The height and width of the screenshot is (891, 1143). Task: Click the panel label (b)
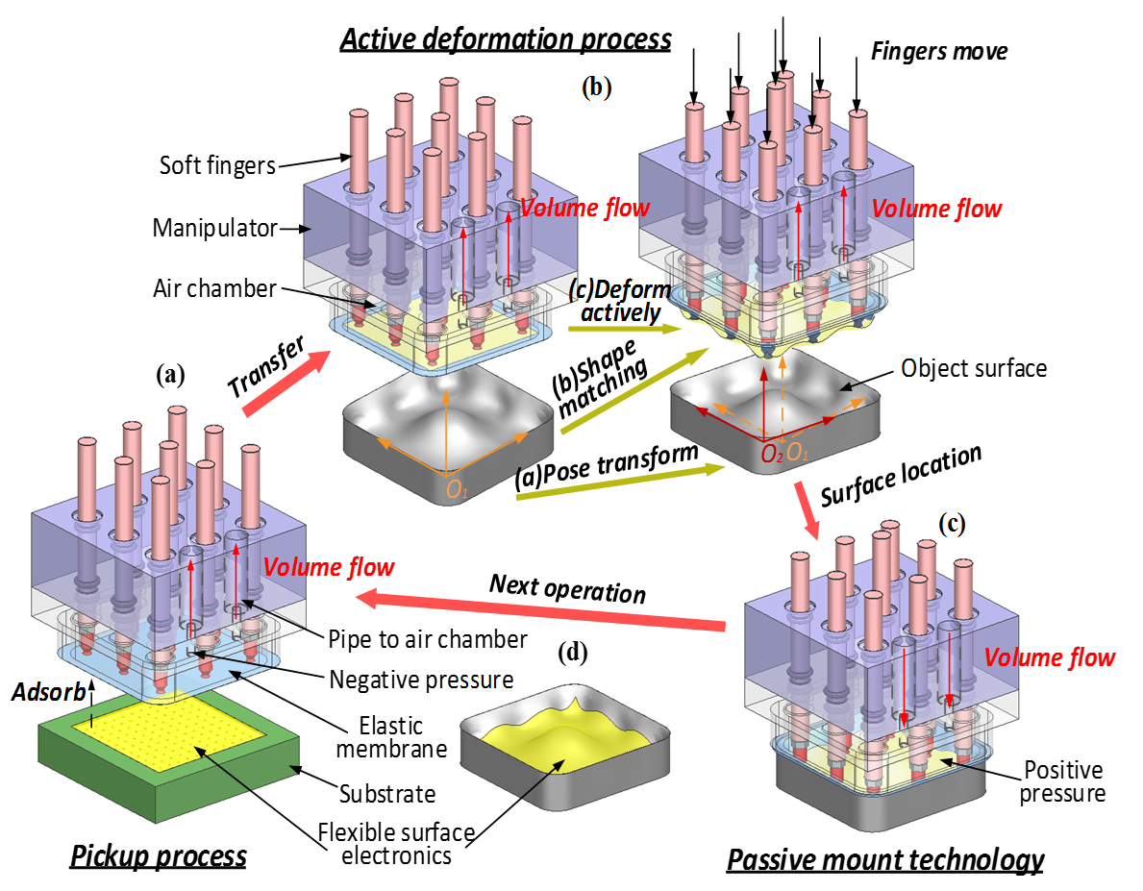596,88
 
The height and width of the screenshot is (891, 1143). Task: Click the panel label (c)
952,525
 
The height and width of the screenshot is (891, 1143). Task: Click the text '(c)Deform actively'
619,301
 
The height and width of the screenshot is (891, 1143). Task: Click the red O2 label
772,455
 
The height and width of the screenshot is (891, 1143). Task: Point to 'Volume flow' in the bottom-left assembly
329,567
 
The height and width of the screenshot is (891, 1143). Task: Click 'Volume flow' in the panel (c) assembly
1051,658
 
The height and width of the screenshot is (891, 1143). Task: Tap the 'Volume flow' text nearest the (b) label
584,208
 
